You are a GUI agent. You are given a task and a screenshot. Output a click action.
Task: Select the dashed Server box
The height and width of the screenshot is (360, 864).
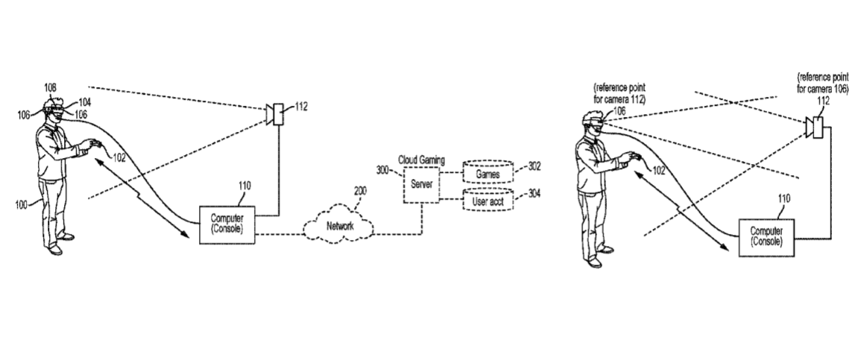(x=421, y=185)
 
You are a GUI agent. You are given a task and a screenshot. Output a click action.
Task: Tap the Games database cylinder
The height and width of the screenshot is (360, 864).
(x=488, y=173)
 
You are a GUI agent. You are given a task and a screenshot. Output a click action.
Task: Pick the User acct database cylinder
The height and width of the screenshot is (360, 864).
(x=488, y=200)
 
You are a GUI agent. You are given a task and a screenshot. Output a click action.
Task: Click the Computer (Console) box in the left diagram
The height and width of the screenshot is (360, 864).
(x=227, y=224)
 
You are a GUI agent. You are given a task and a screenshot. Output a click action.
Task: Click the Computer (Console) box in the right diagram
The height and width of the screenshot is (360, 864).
(x=766, y=237)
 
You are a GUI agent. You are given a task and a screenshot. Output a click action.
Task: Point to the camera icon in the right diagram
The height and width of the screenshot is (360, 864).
(x=813, y=127)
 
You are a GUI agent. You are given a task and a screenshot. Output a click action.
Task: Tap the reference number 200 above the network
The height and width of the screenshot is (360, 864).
(x=360, y=192)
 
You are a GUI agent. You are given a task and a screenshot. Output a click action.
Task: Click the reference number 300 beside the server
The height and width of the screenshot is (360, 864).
(x=383, y=171)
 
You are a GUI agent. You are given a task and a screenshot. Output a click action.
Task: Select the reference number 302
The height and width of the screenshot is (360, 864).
(x=534, y=167)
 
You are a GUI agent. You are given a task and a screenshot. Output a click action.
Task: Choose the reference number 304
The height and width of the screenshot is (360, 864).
(x=534, y=194)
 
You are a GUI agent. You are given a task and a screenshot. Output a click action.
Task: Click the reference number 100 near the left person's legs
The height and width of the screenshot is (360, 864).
(x=22, y=205)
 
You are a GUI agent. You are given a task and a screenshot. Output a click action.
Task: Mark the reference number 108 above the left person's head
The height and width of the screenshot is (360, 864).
(x=50, y=88)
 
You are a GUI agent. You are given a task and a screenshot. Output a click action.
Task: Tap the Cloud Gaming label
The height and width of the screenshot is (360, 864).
(x=421, y=160)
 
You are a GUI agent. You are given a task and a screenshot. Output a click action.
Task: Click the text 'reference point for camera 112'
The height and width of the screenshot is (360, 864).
(x=619, y=93)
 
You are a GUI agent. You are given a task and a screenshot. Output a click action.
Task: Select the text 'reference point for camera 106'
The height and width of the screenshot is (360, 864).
(x=823, y=82)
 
